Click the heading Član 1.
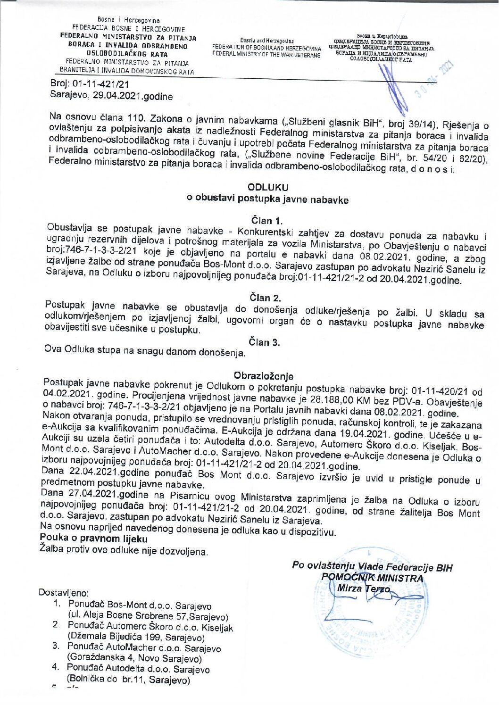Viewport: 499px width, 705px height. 266,220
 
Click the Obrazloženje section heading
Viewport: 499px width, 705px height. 264,376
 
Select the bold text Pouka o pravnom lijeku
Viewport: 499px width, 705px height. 94,539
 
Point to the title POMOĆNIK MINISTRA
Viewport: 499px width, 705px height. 372,578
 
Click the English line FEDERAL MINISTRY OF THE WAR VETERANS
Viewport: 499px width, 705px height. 266,55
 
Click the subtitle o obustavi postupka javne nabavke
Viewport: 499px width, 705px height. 267,199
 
